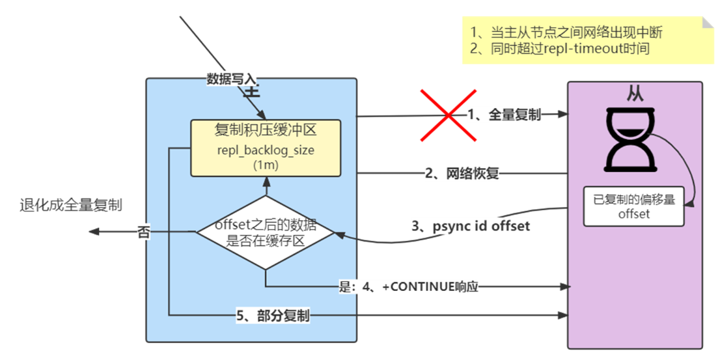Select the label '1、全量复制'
505,115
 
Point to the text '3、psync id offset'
471,227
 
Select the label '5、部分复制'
273,316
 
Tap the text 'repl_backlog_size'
265,152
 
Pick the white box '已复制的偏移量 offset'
633,206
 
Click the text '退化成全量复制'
72,206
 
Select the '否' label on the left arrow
144,232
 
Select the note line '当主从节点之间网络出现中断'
566,32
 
